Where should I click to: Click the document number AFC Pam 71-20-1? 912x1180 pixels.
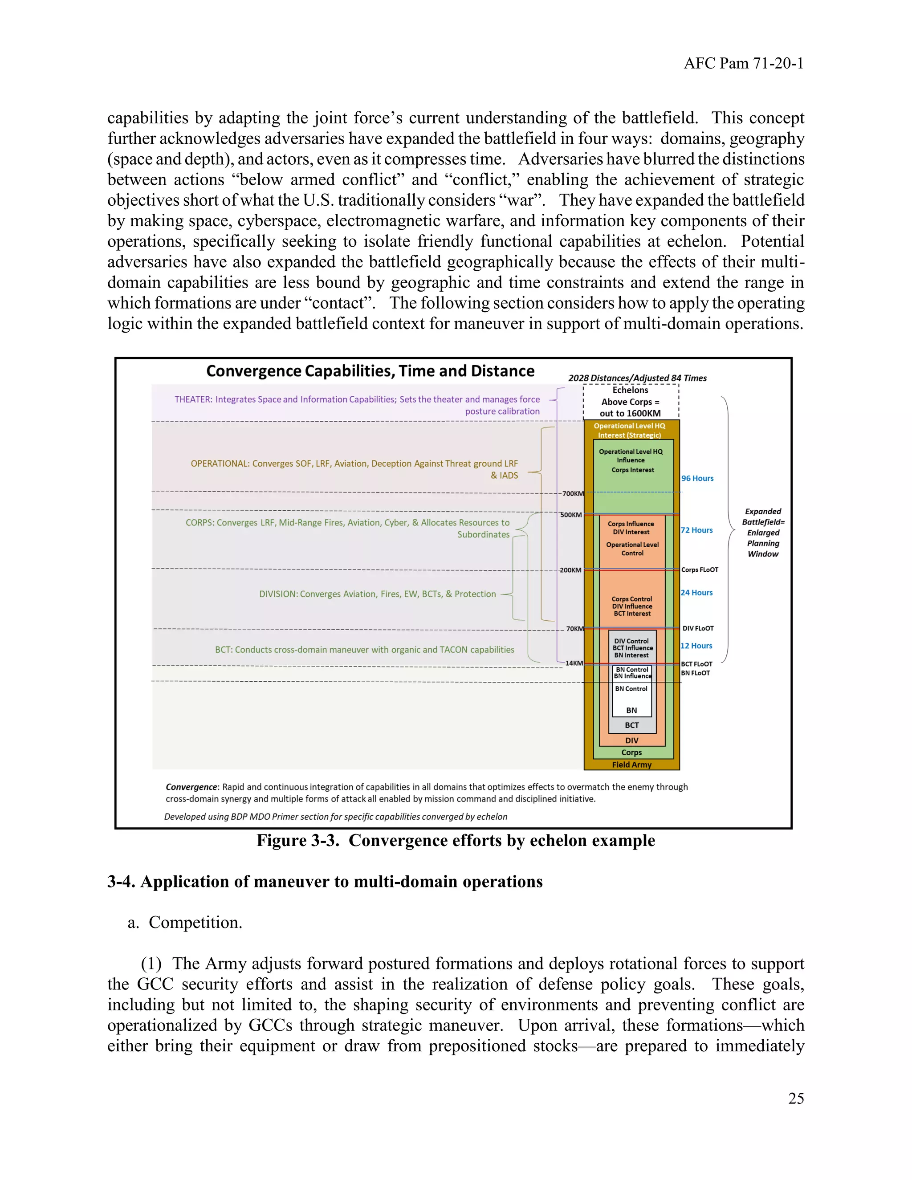coord(743,64)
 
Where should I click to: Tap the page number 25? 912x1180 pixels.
coord(796,1098)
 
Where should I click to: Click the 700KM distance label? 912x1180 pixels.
coord(573,493)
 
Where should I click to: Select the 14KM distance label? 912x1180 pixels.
coord(574,663)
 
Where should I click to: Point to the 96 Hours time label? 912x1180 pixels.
coord(697,478)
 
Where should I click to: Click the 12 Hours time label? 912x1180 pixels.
coord(696,646)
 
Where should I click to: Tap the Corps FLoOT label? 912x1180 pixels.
coord(700,570)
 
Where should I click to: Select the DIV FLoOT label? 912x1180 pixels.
coord(697,628)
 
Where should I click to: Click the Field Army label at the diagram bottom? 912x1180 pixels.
coord(631,765)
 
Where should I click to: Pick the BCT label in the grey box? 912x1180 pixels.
coord(631,725)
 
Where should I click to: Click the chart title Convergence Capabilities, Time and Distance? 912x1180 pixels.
coord(370,371)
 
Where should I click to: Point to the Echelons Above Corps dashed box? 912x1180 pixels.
coord(631,402)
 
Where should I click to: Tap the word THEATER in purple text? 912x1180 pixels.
coord(193,399)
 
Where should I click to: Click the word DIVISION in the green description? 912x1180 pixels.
coord(278,594)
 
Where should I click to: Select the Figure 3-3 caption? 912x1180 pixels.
coord(456,841)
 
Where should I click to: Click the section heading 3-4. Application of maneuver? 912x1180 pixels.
coord(325,882)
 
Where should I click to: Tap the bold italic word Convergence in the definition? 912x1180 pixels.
coord(191,787)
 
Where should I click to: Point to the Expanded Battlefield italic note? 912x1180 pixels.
coord(762,532)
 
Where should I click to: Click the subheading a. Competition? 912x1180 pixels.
coord(185,922)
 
